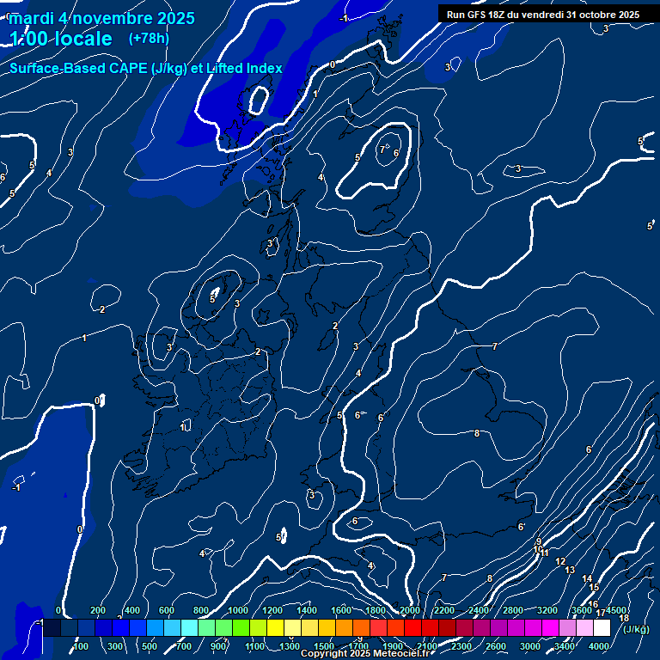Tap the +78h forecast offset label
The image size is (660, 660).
pyautogui.click(x=149, y=38)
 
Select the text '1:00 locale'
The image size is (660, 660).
pyautogui.click(x=61, y=39)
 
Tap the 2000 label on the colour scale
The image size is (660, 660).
pyautogui.click(x=410, y=610)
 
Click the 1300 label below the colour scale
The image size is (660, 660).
pyautogui.click(x=290, y=646)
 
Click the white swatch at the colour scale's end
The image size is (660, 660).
pyautogui.click(x=602, y=628)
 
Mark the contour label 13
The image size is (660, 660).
pyautogui.click(x=570, y=570)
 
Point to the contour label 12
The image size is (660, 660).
pyautogui.click(x=559, y=561)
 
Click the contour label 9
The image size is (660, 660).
pyautogui.click(x=539, y=541)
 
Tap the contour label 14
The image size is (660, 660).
pyautogui.click(x=587, y=579)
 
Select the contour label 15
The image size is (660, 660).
pyautogui.click(x=594, y=588)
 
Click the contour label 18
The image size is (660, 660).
pyautogui.click(x=624, y=618)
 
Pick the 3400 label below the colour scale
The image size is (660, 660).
pyautogui.click(x=565, y=646)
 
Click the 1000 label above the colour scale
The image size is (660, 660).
pyautogui.click(x=238, y=610)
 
